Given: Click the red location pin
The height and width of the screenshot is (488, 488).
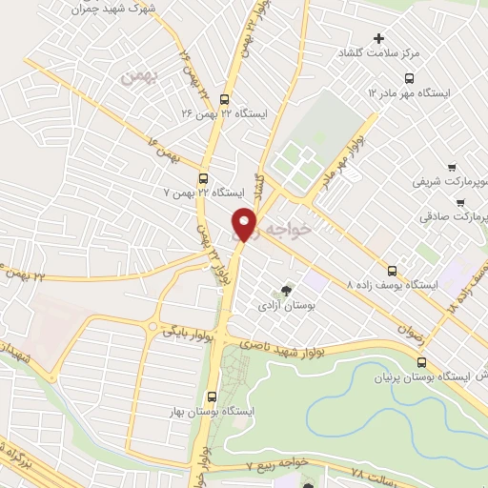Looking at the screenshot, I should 245,224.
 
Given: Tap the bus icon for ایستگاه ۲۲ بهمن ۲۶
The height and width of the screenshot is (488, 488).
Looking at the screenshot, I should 224,98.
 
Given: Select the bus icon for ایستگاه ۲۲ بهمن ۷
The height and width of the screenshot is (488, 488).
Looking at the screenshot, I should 203,177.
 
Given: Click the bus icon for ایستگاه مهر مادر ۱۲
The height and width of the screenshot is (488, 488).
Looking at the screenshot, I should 410,78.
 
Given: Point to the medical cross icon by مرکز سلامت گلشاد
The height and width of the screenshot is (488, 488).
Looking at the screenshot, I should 379,39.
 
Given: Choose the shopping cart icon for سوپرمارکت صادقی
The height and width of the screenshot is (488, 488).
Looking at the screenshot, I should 462,203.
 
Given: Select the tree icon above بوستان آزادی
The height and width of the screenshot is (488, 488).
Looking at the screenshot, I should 286,292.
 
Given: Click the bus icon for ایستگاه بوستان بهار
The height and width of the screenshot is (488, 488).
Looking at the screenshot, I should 212,396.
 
